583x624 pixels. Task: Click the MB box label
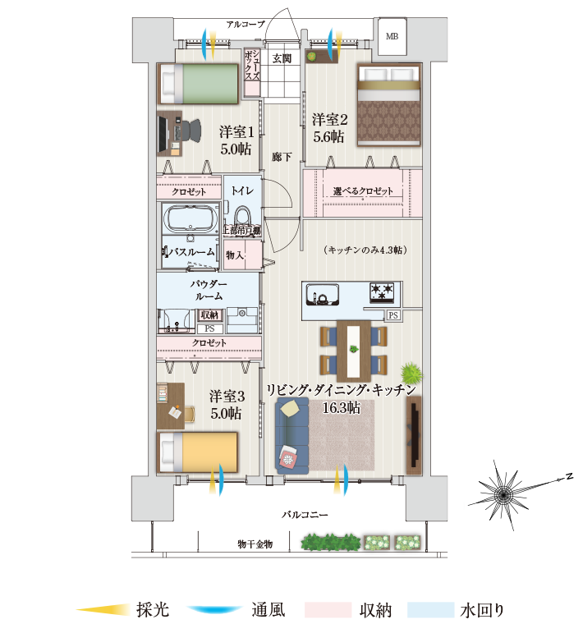(392, 37)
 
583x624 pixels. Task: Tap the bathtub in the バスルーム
(191, 220)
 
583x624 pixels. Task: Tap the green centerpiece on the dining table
(354, 349)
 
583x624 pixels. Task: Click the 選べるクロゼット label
(363, 191)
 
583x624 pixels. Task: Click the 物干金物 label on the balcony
(255, 544)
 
